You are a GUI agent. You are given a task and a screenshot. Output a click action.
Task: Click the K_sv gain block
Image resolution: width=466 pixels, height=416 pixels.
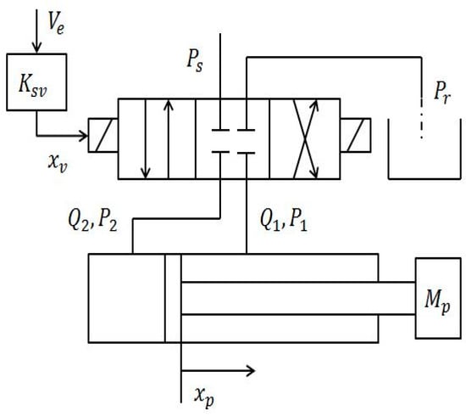click(x=30, y=81)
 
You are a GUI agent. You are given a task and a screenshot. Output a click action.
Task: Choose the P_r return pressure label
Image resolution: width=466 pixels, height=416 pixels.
click(x=440, y=87)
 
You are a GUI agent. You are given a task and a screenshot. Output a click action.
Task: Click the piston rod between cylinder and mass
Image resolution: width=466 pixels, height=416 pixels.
click(x=297, y=298)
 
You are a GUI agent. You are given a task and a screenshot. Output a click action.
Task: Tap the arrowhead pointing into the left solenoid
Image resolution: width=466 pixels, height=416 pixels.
click(x=84, y=132)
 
